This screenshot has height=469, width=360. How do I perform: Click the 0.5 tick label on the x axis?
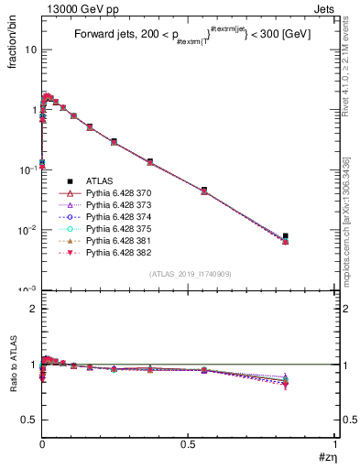189,444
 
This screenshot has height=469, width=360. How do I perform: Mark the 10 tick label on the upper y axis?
30,50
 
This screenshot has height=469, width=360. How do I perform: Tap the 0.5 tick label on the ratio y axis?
29,420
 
